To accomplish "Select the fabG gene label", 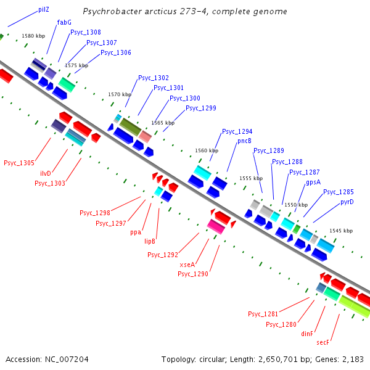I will tap(64, 22).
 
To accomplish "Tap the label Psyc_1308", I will tap(86, 32).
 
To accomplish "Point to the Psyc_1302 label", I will tap(154, 78).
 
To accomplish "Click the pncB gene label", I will tap(245, 141).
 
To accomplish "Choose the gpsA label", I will tap(313, 182).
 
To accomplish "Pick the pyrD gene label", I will tap(347, 202).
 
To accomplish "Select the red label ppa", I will tap(136, 232).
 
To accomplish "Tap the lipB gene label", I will tap(150, 241).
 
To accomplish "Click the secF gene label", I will tap(324, 342).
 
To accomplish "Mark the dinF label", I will tap(307, 333).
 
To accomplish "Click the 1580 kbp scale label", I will tap(33, 36).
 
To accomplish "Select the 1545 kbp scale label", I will tap(341, 231).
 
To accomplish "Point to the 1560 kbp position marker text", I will tap(206, 150).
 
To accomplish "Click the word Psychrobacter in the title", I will tap(109, 12).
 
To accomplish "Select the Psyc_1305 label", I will tap(19, 163).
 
